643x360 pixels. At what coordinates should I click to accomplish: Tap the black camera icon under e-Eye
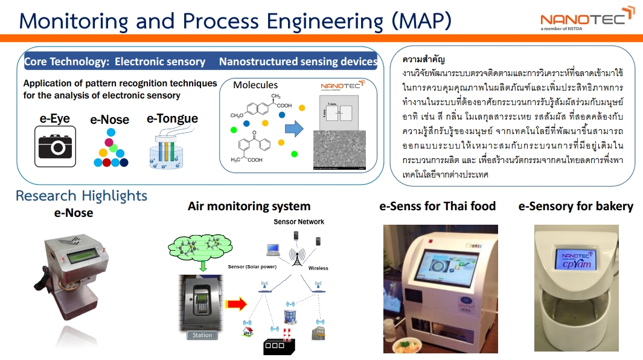coord(55,146)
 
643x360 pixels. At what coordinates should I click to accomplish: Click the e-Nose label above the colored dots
coord(110,120)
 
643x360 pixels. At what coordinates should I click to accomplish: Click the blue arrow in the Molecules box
coord(293,129)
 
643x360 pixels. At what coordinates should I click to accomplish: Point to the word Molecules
coord(255,85)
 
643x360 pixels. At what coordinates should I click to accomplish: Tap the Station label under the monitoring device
coord(202,335)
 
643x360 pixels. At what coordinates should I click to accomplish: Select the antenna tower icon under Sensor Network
coord(296,257)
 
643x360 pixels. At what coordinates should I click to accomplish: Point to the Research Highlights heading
coord(82,196)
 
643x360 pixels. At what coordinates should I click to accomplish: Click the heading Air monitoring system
coord(249,207)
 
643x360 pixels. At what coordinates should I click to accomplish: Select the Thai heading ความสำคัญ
coord(423,60)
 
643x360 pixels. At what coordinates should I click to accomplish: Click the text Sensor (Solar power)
coord(252,266)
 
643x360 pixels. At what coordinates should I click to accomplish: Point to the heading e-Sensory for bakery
coord(575,207)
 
